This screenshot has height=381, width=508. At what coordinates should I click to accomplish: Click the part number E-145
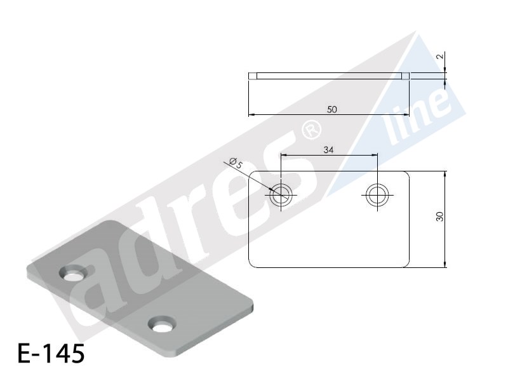(x=51, y=353)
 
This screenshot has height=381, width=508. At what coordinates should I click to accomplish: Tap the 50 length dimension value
(x=331, y=109)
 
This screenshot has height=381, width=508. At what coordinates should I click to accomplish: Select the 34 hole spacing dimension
(x=328, y=150)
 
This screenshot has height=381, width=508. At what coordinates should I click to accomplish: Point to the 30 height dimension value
(x=439, y=216)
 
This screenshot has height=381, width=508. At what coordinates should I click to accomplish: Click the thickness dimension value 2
(x=439, y=57)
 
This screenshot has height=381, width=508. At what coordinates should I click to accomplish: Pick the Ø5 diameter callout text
(x=236, y=163)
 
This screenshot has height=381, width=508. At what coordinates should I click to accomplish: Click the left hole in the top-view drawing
(x=281, y=195)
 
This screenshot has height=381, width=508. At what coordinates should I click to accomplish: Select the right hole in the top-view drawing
(x=377, y=195)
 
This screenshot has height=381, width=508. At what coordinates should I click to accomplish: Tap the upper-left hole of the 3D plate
(x=73, y=274)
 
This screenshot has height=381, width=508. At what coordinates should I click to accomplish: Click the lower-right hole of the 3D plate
(x=162, y=324)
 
